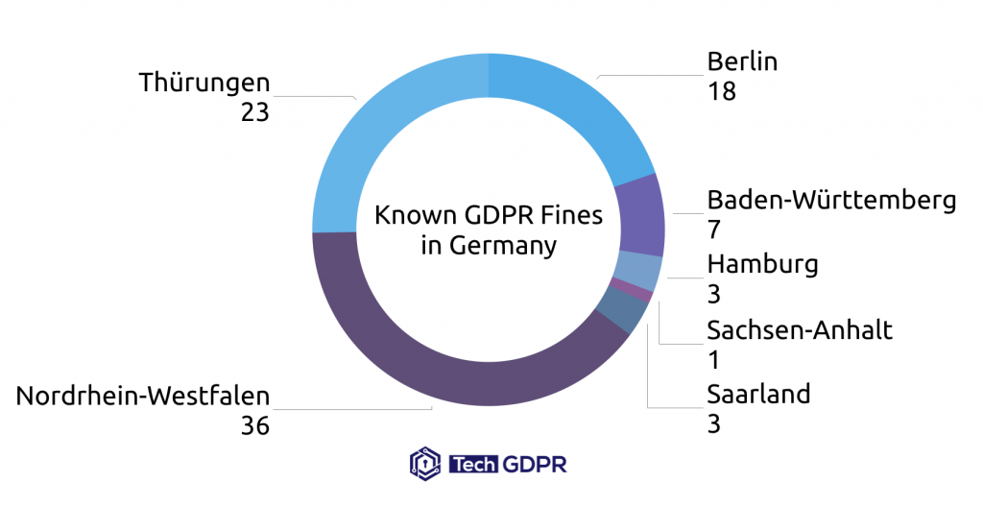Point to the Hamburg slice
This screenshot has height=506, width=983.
(639, 270)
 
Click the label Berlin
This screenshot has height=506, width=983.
(742, 62)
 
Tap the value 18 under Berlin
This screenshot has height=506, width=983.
(721, 92)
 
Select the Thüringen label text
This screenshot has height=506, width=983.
(204, 83)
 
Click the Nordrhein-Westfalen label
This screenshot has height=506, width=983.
(143, 396)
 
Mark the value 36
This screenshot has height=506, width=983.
(255, 425)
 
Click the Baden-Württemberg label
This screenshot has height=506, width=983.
(831, 200)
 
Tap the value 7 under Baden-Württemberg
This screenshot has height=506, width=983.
(714, 229)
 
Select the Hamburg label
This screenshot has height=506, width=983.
(762, 264)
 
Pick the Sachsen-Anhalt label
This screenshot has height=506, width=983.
(800, 330)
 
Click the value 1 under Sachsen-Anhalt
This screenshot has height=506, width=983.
(713, 360)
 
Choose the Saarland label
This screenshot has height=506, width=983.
(758, 394)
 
